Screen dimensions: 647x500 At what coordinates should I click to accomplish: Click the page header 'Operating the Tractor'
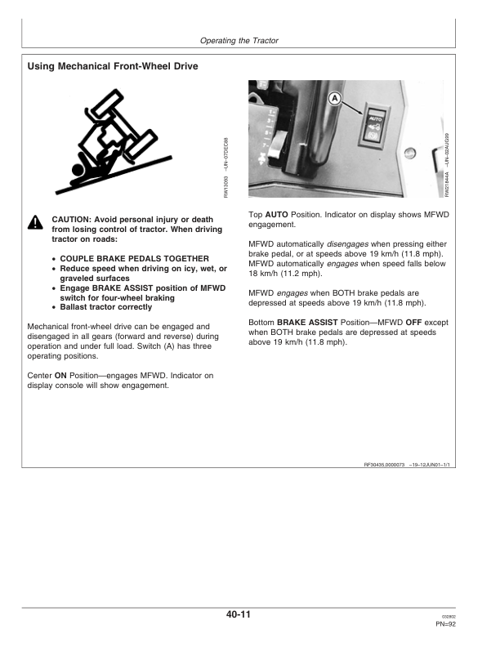click(250, 40)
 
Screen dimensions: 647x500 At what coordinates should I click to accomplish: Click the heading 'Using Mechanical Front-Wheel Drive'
click(112, 66)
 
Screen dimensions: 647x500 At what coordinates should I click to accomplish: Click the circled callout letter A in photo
click(333, 99)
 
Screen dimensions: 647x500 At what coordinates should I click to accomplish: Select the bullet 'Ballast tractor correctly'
click(106, 307)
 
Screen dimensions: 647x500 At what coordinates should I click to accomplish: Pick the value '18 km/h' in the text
click(263, 274)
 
